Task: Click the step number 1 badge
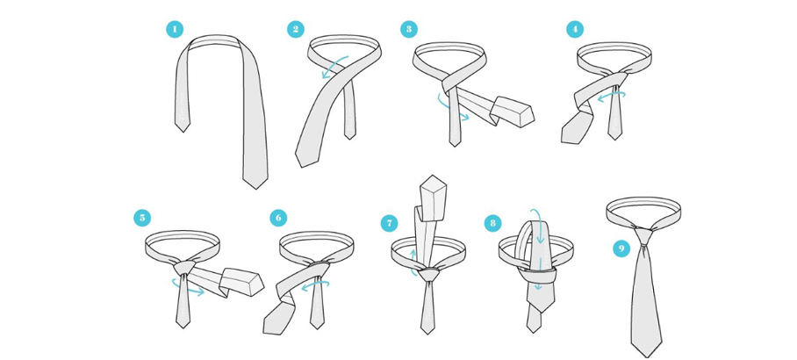(175, 30)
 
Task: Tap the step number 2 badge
(295, 29)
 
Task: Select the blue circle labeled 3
(409, 29)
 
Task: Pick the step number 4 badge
(575, 29)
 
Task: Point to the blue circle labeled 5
(142, 218)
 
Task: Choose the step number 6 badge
(278, 218)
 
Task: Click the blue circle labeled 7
(390, 223)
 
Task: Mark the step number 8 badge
(492, 223)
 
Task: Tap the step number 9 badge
(621, 248)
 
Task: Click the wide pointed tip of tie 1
(255, 189)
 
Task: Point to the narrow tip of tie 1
(183, 132)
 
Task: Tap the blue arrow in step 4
(610, 96)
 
